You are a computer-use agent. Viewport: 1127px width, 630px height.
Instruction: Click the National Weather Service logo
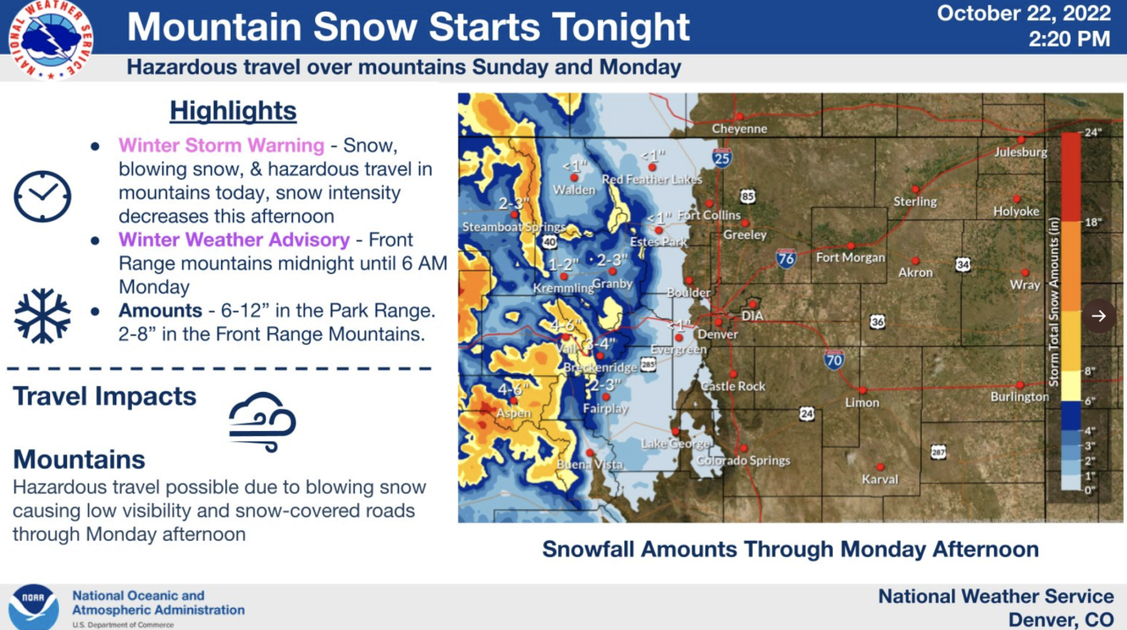(x=50, y=40)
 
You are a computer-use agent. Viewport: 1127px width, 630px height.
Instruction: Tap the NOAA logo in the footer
(x=33, y=606)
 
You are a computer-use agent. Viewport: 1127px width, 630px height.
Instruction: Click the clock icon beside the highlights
(x=42, y=196)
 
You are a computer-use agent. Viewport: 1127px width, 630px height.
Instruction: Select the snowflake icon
(x=42, y=315)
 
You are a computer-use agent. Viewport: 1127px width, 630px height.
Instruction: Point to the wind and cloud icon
(x=262, y=422)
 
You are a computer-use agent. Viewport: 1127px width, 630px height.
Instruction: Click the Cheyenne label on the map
(x=740, y=129)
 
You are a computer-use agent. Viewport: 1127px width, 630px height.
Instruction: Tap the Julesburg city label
(x=1020, y=152)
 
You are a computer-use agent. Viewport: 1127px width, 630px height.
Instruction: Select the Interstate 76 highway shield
(x=786, y=258)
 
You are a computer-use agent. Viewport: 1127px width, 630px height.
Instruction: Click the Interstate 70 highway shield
(x=834, y=359)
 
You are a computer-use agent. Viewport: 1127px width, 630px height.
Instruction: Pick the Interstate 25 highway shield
(x=722, y=158)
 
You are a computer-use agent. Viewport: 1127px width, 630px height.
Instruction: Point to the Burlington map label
(x=1020, y=397)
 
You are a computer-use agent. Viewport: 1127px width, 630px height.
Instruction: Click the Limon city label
(x=862, y=403)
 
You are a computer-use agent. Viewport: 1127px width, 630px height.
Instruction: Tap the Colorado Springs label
(x=743, y=460)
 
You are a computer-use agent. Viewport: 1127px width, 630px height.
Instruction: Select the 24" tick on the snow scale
(x=1093, y=133)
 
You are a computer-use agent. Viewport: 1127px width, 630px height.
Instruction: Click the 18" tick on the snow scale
(x=1093, y=223)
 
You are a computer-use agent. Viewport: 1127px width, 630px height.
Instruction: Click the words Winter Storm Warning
(x=221, y=145)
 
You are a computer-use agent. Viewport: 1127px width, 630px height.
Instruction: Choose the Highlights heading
(x=233, y=111)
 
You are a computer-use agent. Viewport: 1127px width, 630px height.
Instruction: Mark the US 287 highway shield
(x=939, y=452)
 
